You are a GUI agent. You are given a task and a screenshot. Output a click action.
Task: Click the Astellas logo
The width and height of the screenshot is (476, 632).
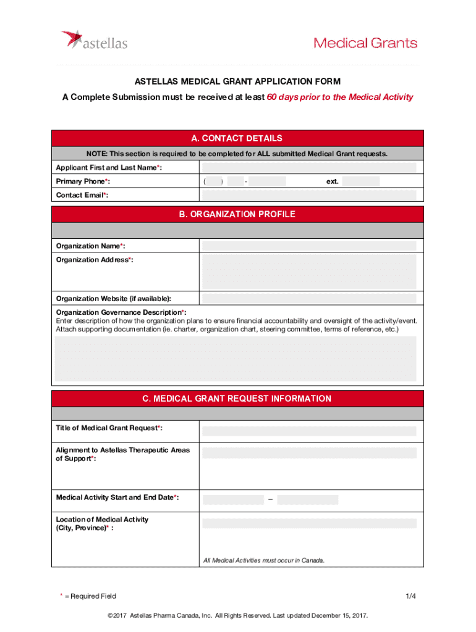[x=94, y=41]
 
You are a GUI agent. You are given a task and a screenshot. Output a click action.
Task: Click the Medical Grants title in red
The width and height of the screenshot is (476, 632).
[x=365, y=43]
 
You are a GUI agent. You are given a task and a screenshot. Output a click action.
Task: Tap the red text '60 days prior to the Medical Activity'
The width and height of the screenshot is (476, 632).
[x=339, y=98]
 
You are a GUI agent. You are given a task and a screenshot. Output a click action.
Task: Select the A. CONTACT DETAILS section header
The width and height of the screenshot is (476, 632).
[x=237, y=138]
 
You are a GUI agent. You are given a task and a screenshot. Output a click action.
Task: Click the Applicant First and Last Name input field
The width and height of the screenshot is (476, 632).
[x=309, y=168]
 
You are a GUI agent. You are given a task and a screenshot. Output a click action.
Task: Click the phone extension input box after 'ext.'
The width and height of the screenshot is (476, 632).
[x=361, y=181]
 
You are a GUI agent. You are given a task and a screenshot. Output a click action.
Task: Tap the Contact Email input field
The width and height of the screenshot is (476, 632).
[x=309, y=195]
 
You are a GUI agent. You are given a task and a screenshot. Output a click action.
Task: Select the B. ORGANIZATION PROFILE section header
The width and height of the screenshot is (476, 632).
[x=237, y=214]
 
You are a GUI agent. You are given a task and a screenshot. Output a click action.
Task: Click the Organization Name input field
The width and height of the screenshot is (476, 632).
[x=309, y=246]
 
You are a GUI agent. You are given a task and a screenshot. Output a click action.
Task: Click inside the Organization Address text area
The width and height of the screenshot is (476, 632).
[x=309, y=271]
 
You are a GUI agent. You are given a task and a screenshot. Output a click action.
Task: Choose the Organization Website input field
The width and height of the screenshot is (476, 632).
[x=309, y=298]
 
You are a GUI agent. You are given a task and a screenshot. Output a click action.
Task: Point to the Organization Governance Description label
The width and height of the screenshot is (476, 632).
[x=121, y=312]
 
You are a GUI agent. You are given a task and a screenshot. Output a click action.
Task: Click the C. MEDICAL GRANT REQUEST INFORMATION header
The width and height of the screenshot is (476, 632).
[x=237, y=399]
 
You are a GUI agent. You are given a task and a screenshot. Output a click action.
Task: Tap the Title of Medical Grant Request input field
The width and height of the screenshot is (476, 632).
[x=309, y=431]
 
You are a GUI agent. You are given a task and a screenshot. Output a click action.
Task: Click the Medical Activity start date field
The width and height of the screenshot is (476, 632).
[x=233, y=500]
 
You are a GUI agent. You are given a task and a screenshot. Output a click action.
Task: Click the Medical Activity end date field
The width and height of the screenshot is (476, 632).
[x=307, y=500]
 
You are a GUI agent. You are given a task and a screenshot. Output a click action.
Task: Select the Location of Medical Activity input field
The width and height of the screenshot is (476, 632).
[x=309, y=523]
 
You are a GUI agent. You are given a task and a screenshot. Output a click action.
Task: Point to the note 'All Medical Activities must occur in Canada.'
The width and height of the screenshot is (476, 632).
[x=264, y=560]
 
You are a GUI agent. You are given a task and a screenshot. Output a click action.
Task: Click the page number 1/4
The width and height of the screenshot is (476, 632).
[x=410, y=596]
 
